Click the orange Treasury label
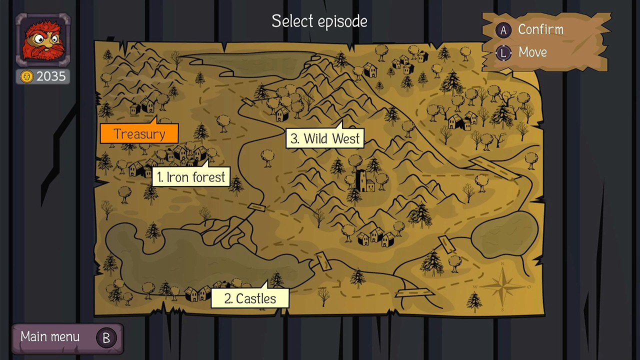click(x=139, y=134)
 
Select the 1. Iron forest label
click(x=190, y=177)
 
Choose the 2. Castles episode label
click(x=250, y=298)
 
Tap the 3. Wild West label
click(x=325, y=138)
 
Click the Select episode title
click(x=319, y=21)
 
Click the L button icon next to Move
click(x=503, y=52)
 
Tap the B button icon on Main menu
click(x=106, y=338)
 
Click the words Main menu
click(x=50, y=337)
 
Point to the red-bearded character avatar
click(x=43, y=40)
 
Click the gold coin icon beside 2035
click(x=27, y=76)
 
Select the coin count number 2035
click(x=51, y=76)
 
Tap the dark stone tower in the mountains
click(x=365, y=181)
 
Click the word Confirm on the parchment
click(x=540, y=29)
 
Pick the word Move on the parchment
click(x=532, y=52)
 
